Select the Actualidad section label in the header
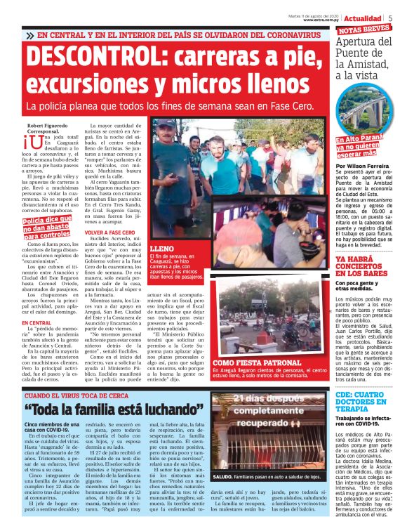363,18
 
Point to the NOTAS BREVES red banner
365,29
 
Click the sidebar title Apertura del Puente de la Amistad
363,59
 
